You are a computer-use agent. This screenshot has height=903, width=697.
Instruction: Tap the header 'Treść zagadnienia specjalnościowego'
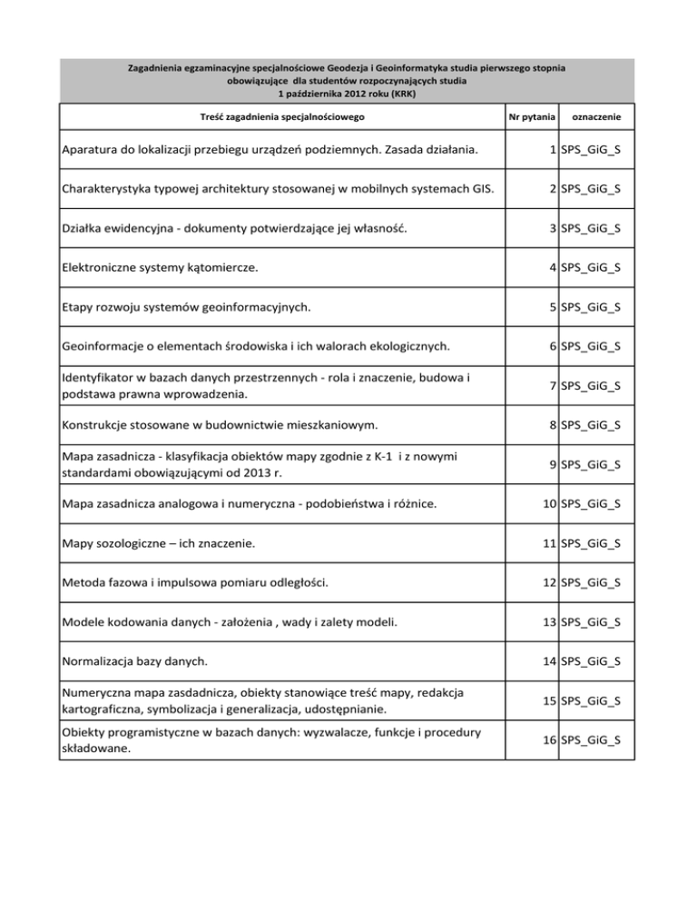coord(282,118)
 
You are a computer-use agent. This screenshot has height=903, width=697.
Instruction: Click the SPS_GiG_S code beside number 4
coord(591,268)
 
